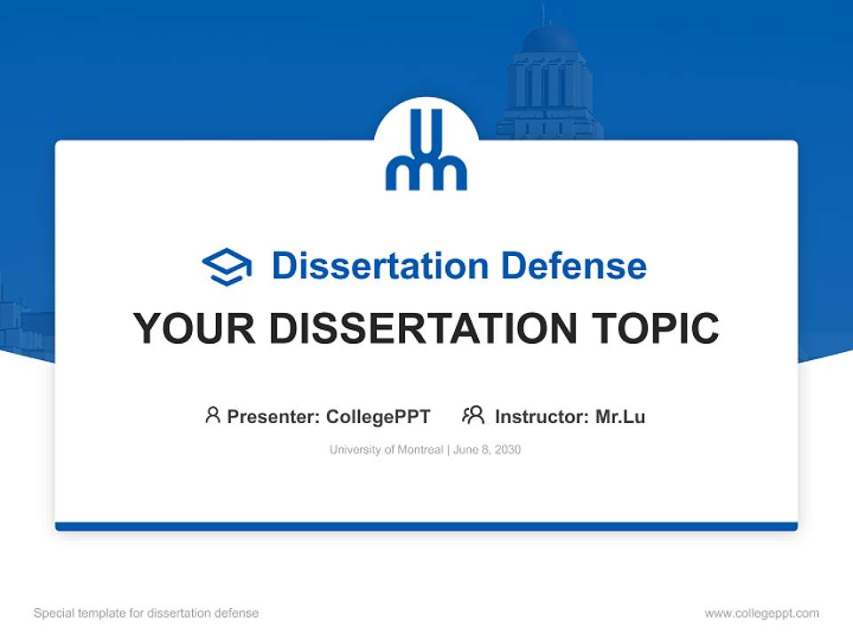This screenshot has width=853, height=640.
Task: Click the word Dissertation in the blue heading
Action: coord(379,266)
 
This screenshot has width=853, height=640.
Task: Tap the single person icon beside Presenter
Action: coord(212,415)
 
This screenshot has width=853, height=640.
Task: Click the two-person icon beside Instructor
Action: coord(474,415)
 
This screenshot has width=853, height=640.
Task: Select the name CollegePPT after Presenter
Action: coord(379,417)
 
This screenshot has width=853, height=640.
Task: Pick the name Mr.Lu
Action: coord(620,417)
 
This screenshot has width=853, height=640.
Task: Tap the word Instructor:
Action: coord(542,417)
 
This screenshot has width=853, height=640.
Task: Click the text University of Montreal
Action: coord(386,450)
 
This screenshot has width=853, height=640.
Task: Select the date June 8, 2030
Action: coord(487,450)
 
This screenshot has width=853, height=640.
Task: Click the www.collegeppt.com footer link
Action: coord(761,613)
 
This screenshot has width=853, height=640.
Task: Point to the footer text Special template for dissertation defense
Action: coord(147,613)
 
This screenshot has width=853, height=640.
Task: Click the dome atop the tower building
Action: coord(549,39)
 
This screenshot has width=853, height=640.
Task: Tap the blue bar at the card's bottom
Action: coord(426,526)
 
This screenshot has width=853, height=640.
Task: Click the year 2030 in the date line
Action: coord(507,450)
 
